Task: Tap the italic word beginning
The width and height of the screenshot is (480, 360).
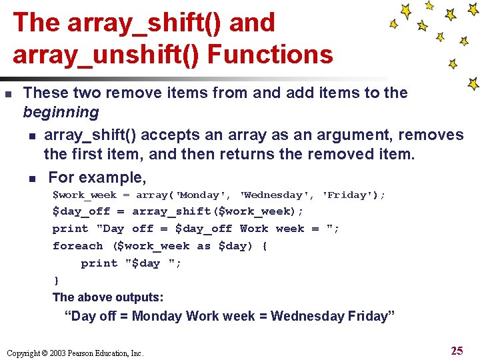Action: point(61,111)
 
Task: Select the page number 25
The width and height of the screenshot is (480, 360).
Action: point(457,351)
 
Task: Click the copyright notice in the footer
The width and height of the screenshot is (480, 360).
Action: point(75,353)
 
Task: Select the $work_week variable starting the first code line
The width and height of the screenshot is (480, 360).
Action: point(85,195)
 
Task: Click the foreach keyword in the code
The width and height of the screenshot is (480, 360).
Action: point(77,246)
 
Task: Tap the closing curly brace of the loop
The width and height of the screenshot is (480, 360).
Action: point(56,281)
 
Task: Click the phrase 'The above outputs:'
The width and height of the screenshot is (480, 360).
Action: point(108,297)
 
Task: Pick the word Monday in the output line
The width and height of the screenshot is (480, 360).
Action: point(157,316)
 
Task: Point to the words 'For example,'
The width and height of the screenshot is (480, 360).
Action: point(97,177)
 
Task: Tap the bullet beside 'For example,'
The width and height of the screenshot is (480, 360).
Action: point(31,179)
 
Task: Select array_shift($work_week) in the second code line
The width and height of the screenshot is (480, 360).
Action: point(217,211)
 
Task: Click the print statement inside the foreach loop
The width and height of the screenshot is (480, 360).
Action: point(131,263)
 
